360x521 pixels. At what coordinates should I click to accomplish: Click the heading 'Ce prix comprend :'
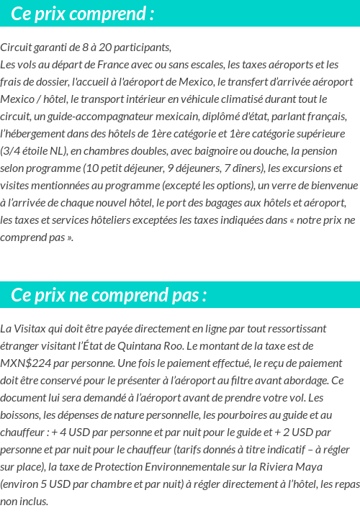83,14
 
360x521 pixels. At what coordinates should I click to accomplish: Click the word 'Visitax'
32,328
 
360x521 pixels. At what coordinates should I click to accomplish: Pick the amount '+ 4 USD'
71,432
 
